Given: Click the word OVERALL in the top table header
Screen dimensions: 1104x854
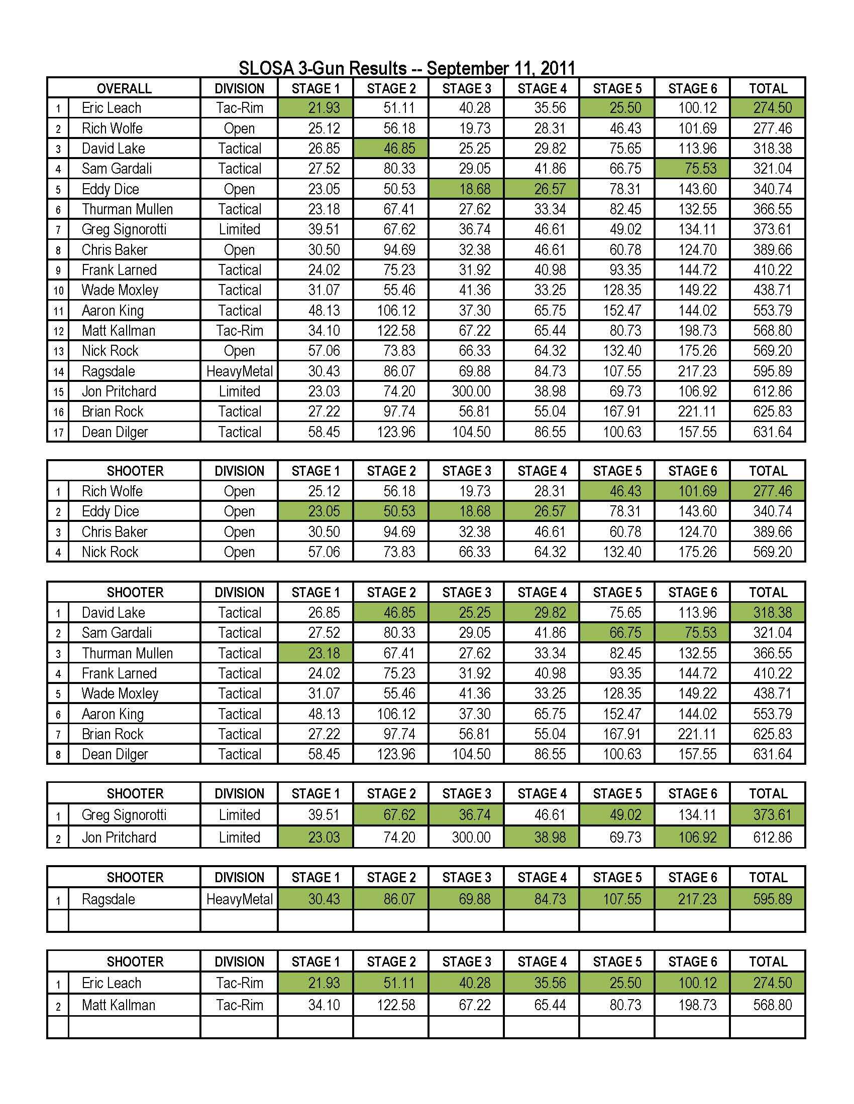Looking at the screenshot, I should [x=124, y=88].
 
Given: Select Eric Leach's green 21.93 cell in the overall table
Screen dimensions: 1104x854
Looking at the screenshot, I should [x=324, y=108].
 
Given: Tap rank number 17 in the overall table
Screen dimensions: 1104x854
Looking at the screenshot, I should [x=58, y=433].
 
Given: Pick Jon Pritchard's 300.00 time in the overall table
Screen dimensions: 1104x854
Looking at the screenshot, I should [x=471, y=392].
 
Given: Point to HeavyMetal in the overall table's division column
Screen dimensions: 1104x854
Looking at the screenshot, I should [x=239, y=371].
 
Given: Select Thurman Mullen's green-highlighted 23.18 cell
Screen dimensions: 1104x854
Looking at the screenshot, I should [x=324, y=653].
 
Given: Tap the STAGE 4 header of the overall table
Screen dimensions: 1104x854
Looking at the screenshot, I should [x=542, y=88].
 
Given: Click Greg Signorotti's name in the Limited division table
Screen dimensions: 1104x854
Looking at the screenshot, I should [x=124, y=815].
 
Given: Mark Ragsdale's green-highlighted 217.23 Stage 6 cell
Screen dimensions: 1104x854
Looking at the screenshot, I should [x=697, y=899].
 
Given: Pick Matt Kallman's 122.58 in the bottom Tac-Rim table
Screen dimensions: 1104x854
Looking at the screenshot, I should [x=396, y=1005].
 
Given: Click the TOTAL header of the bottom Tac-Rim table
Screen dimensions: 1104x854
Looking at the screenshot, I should [x=768, y=961].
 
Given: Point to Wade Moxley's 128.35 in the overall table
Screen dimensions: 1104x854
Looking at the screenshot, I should [x=622, y=290].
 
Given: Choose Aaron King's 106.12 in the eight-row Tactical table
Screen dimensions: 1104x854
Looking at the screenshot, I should [x=396, y=714].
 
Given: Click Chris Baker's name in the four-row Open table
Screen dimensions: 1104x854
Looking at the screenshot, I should [x=115, y=532].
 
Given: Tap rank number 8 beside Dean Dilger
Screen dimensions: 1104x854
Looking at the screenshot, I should [x=58, y=755].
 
